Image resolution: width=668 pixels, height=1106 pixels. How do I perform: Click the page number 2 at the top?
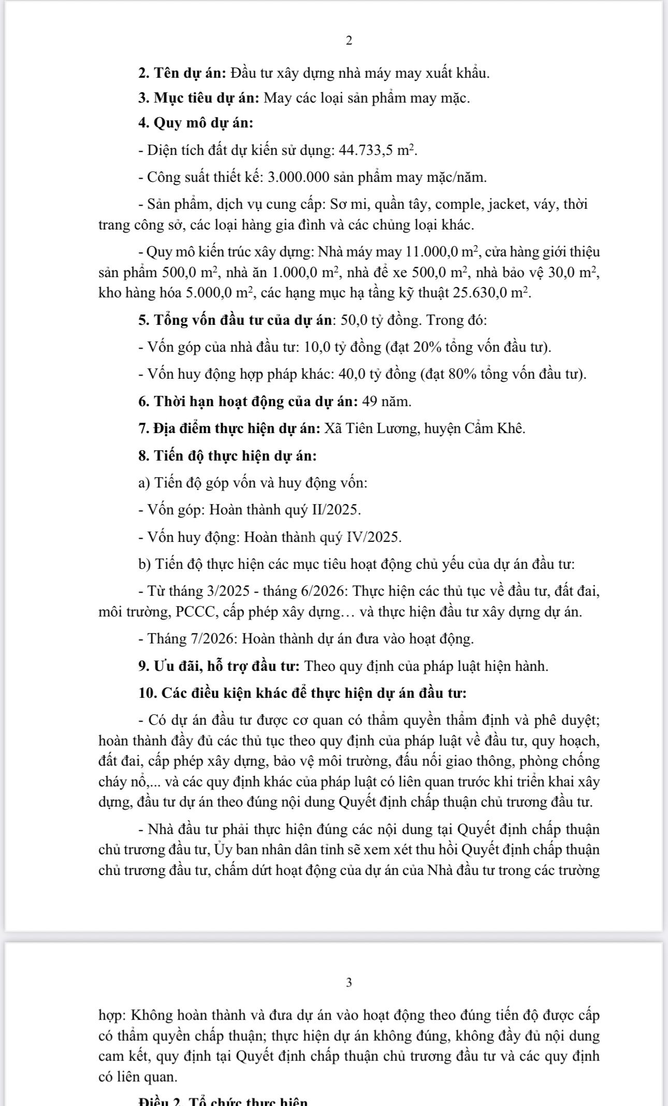pyautogui.click(x=348, y=40)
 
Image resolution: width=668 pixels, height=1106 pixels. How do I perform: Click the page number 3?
pyautogui.click(x=348, y=982)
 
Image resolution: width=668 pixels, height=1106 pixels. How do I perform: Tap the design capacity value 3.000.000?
pyautogui.click(x=299, y=178)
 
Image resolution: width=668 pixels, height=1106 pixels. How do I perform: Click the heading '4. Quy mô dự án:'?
pyautogui.click(x=196, y=123)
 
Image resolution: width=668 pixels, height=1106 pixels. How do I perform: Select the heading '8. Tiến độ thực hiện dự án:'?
pyautogui.click(x=227, y=456)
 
